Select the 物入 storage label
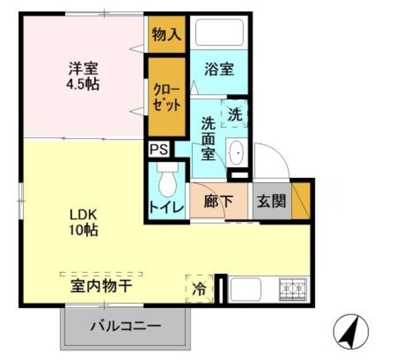166,35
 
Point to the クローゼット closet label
166,96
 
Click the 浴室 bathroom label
220,68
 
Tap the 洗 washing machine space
235,114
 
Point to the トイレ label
166,208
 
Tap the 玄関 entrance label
272,202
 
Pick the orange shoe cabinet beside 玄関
301,200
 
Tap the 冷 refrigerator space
200,288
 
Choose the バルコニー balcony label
124,326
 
